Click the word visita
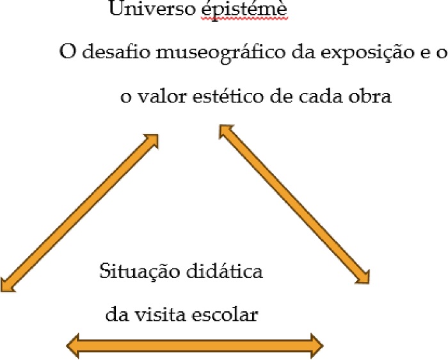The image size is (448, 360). [166, 315]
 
